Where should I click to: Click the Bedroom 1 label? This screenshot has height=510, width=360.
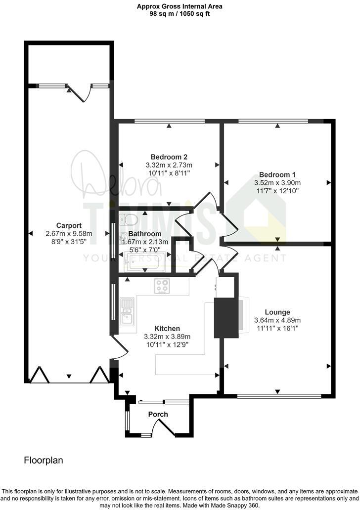[x=277, y=174]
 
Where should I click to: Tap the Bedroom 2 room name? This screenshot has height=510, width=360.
[x=169, y=157]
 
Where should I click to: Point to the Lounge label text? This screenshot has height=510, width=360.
[x=277, y=312]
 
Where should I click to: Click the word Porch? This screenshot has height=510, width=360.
[x=158, y=414]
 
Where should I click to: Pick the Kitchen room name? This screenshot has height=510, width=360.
[x=167, y=328]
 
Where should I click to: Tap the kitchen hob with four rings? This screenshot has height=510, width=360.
[x=162, y=286]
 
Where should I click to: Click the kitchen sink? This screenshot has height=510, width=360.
[x=126, y=311]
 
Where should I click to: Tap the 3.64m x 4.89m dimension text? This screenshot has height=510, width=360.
[x=277, y=320]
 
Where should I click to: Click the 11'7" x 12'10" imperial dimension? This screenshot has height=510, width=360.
[x=277, y=190]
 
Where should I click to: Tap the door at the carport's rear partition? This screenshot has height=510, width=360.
[x=79, y=92]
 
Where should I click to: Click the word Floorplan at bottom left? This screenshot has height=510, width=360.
[x=44, y=460]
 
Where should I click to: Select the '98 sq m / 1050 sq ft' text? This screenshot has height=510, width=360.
[x=180, y=14]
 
